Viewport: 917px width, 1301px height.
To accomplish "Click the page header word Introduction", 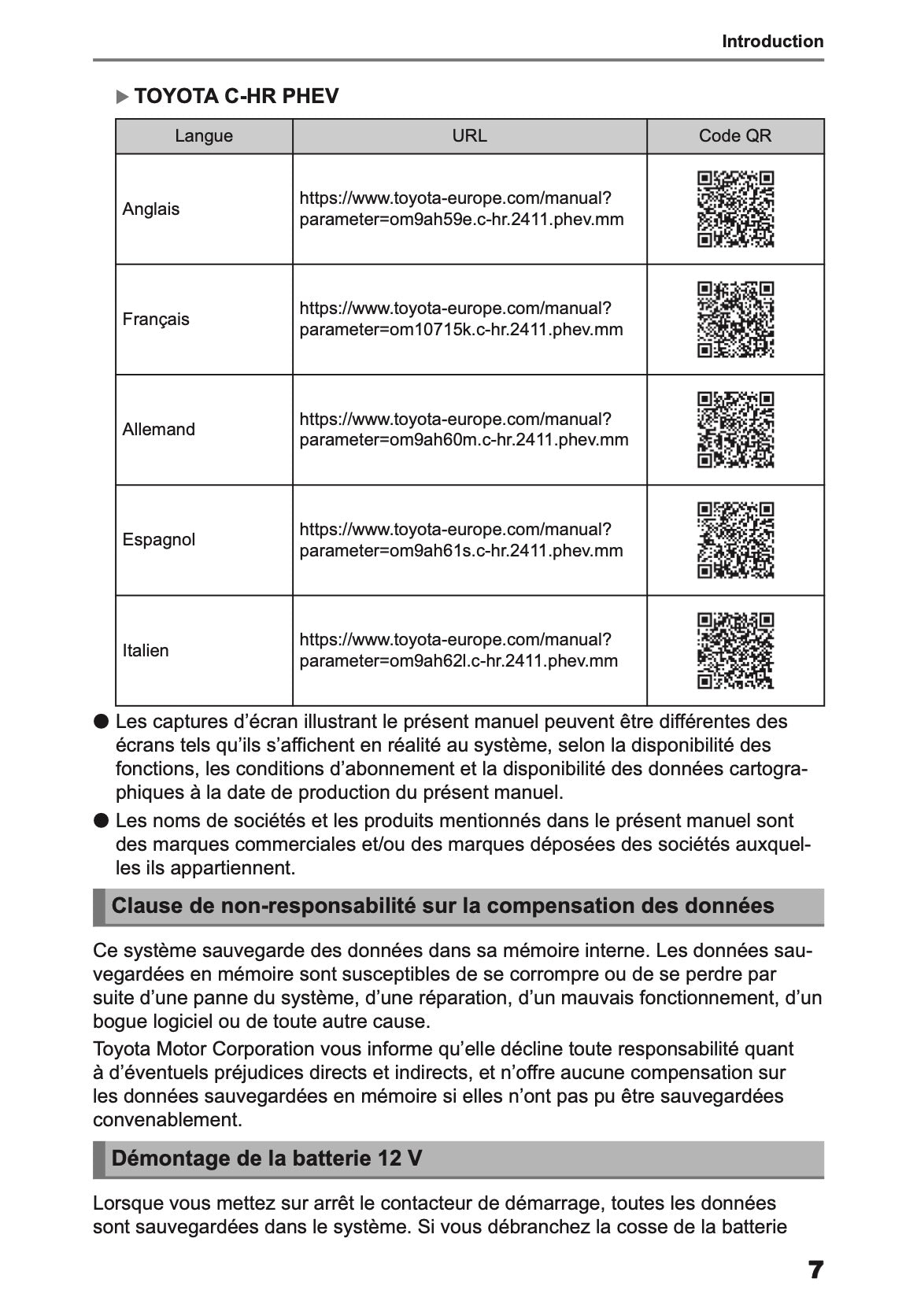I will [772, 42].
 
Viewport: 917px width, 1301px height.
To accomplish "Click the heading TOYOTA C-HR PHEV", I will [236, 97].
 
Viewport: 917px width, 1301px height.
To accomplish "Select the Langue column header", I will [204, 136].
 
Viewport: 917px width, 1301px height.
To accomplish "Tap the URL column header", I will [469, 136].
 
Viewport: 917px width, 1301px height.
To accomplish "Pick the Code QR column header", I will [735, 136].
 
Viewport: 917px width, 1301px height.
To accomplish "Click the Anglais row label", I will [151, 209].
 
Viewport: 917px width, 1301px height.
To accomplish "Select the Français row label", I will [156, 320].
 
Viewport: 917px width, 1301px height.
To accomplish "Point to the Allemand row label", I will [159, 430].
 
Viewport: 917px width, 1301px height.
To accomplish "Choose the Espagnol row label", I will [159, 540].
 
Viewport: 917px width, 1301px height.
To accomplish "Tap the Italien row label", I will [146, 651].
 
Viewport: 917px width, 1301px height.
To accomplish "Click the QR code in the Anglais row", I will [736, 209].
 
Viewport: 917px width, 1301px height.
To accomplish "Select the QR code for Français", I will [736, 320].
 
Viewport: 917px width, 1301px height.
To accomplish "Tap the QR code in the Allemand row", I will [736, 430].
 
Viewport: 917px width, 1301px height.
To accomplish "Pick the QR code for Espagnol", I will [736, 540].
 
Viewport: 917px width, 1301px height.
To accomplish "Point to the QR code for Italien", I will [736, 651].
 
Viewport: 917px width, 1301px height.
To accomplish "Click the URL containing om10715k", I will [460, 320].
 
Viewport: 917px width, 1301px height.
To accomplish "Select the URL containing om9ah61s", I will [460, 540].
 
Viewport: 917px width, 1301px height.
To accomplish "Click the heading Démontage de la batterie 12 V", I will [267, 1159].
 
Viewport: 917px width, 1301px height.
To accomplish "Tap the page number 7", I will [815, 1270].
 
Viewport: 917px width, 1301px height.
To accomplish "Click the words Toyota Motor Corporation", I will [204, 1049].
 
